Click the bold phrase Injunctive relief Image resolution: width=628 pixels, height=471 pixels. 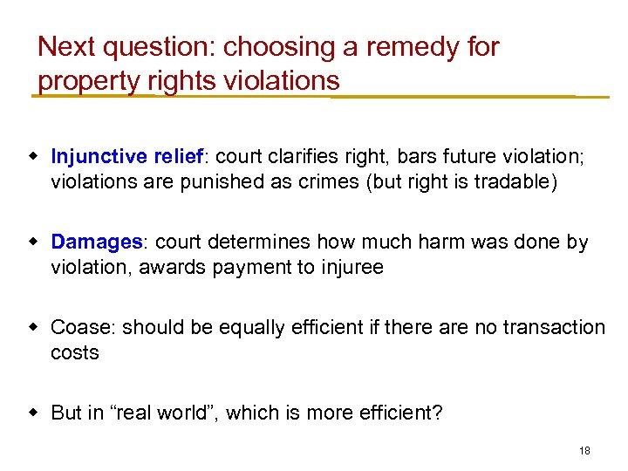[x=126, y=156]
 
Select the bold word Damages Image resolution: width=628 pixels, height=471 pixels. [x=97, y=242]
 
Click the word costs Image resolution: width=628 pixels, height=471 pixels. [x=75, y=352]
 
